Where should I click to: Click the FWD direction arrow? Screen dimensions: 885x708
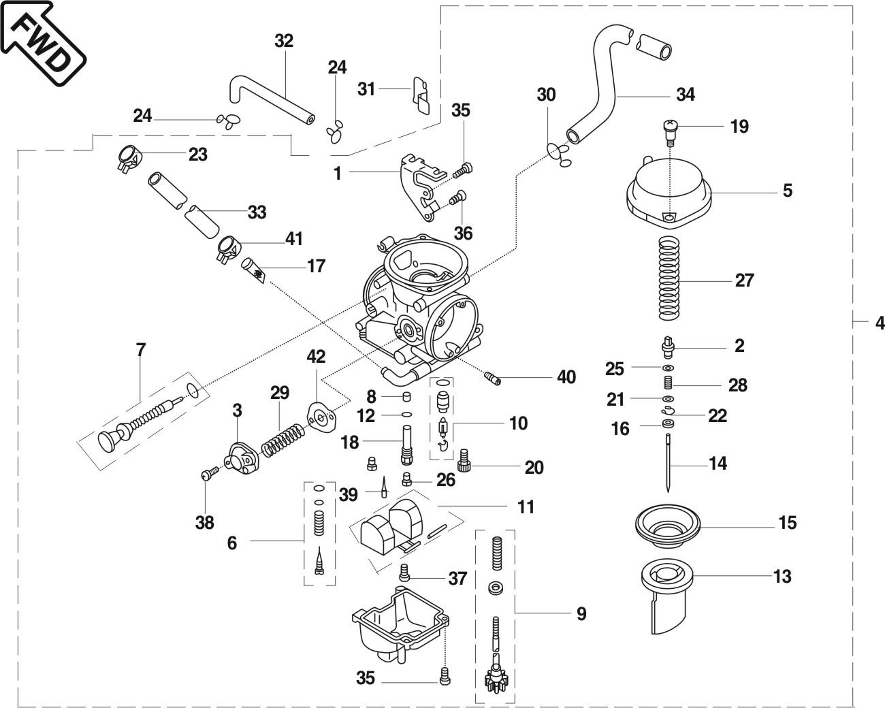(42, 42)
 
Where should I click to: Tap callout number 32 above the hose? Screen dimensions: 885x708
(284, 41)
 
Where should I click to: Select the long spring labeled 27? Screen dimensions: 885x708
(669, 278)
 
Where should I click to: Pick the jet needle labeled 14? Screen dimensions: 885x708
(668, 462)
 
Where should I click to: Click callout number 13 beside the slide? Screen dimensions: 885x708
(782, 577)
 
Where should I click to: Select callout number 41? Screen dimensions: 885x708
(293, 238)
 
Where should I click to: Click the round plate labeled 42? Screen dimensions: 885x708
(322, 418)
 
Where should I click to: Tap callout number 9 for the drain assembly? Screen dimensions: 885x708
(581, 614)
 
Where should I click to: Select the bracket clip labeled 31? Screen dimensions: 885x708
(421, 95)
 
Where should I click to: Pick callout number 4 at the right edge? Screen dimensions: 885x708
(880, 323)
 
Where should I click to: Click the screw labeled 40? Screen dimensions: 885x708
(493, 378)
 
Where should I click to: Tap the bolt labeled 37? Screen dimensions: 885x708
(404, 573)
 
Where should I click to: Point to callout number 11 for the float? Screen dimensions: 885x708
(526, 506)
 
